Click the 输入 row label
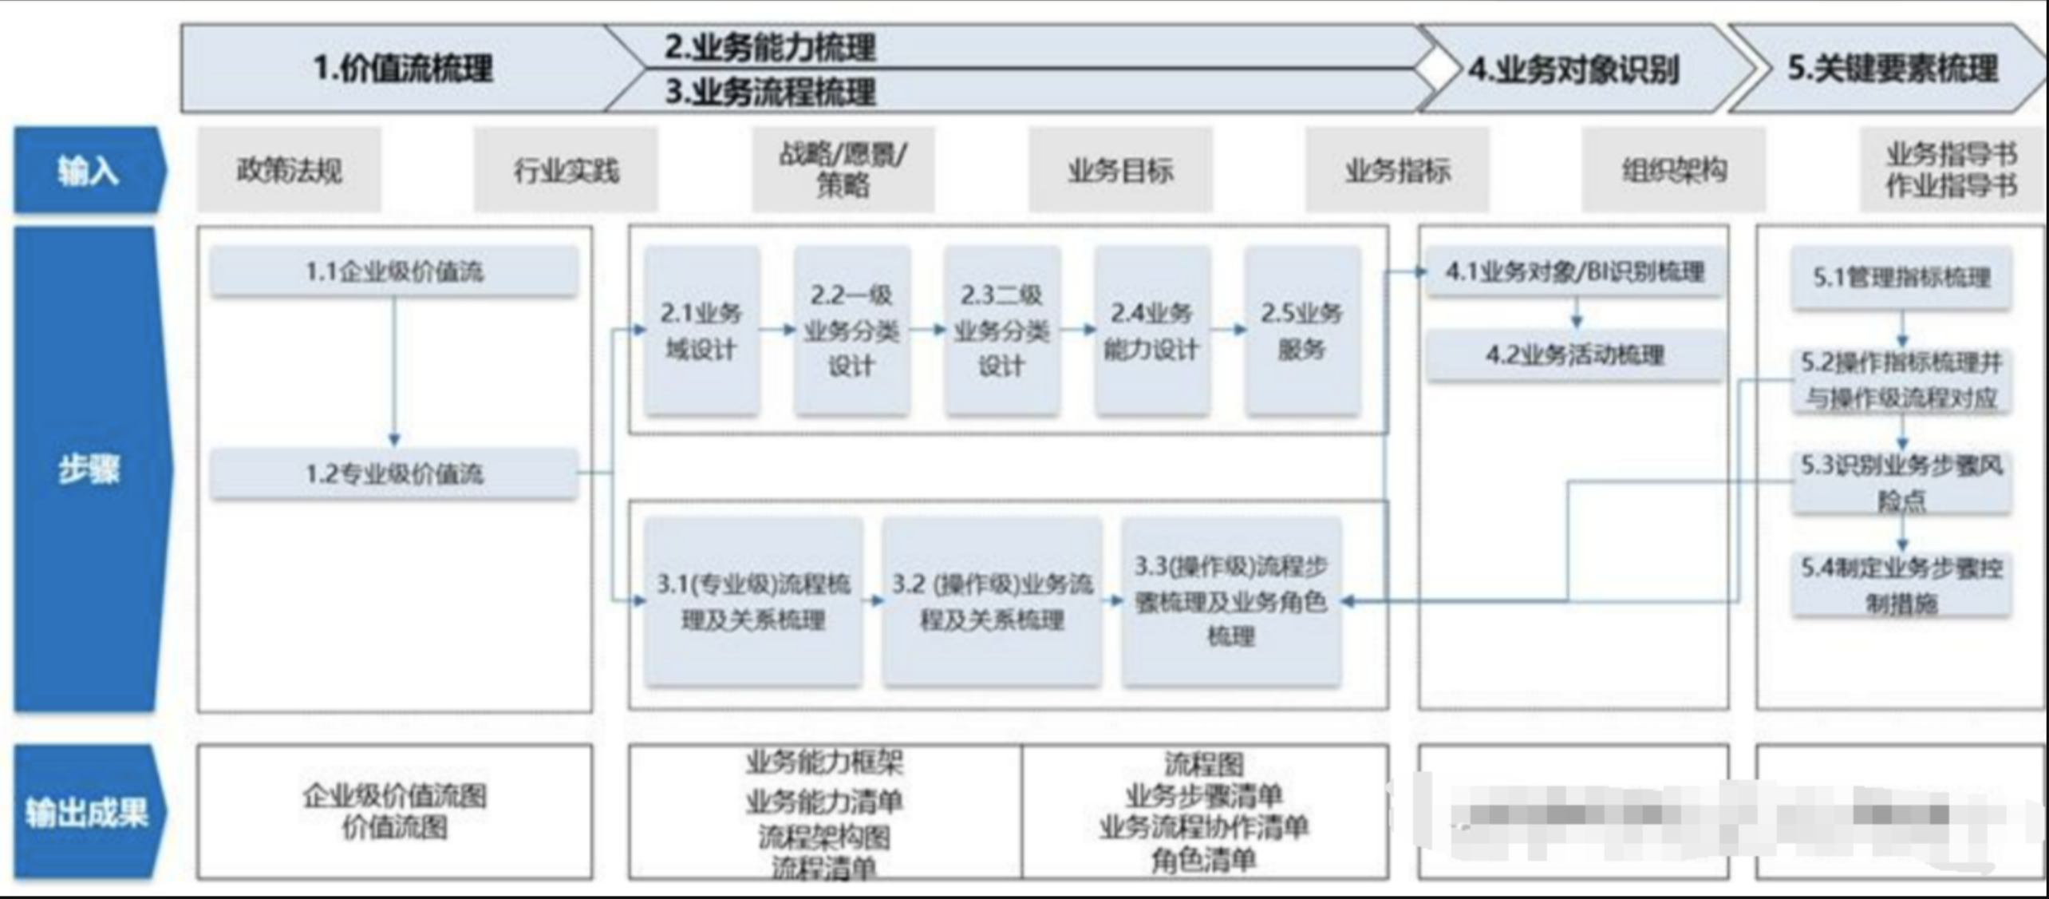click(x=88, y=170)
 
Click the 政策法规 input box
click(x=289, y=170)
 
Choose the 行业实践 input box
click(x=566, y=170)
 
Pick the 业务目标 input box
click(x=1120, y=170)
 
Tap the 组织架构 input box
click(x=1674, y=170)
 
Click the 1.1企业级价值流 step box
click(x=394, y=271)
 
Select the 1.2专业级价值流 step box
click(x=394, y=473)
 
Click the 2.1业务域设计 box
click(x=701, y=331)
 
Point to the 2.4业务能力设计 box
click(x=1151, y=331)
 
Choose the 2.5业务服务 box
click(x=1302, y=331)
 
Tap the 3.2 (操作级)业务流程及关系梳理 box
click(x=992, y=601)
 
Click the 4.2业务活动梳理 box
click(x=1574, y=354)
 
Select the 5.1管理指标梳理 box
click(x=1901, y=277)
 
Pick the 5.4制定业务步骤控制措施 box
click(x=1901, y=585)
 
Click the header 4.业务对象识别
click(x=1574, y=69)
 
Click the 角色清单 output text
click(x=1203, y=860)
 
